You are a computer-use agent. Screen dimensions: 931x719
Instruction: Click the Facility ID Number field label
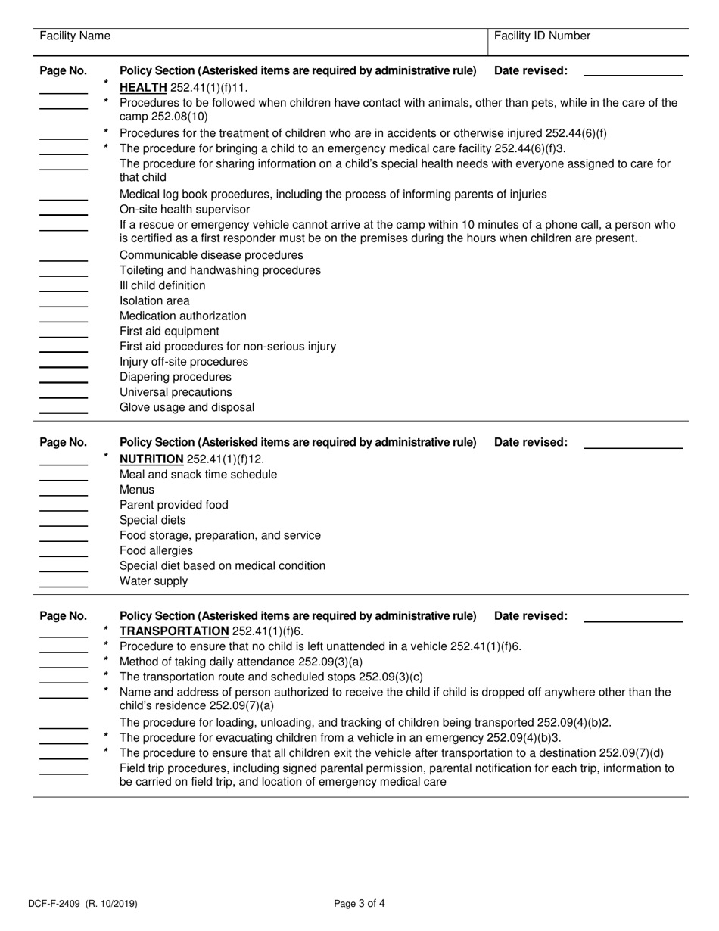pos(542,36)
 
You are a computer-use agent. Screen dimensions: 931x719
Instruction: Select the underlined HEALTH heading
pos(143,87)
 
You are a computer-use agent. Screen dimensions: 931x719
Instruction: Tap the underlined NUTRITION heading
pos(151,459)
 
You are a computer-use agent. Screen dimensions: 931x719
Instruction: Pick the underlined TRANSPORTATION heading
pos(174,631)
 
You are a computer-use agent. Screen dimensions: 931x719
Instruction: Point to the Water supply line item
pos(154,581)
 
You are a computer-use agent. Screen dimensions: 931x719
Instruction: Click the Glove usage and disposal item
pos(187,407)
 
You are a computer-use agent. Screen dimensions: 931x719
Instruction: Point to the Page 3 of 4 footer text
pos(359,903)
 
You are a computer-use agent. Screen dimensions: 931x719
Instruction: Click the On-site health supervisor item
pos(185,210)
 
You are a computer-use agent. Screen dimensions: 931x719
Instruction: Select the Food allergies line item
pos(156,550)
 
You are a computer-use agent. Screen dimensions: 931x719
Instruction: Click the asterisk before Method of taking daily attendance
pos(106,660)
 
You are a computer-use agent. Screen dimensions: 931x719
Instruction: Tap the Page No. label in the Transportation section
pos(64,616)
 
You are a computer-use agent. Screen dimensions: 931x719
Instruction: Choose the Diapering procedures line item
pos(176,377)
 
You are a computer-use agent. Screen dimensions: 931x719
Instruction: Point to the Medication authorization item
pos(182,316)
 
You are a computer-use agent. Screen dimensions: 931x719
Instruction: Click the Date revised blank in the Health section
pos(633,76)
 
